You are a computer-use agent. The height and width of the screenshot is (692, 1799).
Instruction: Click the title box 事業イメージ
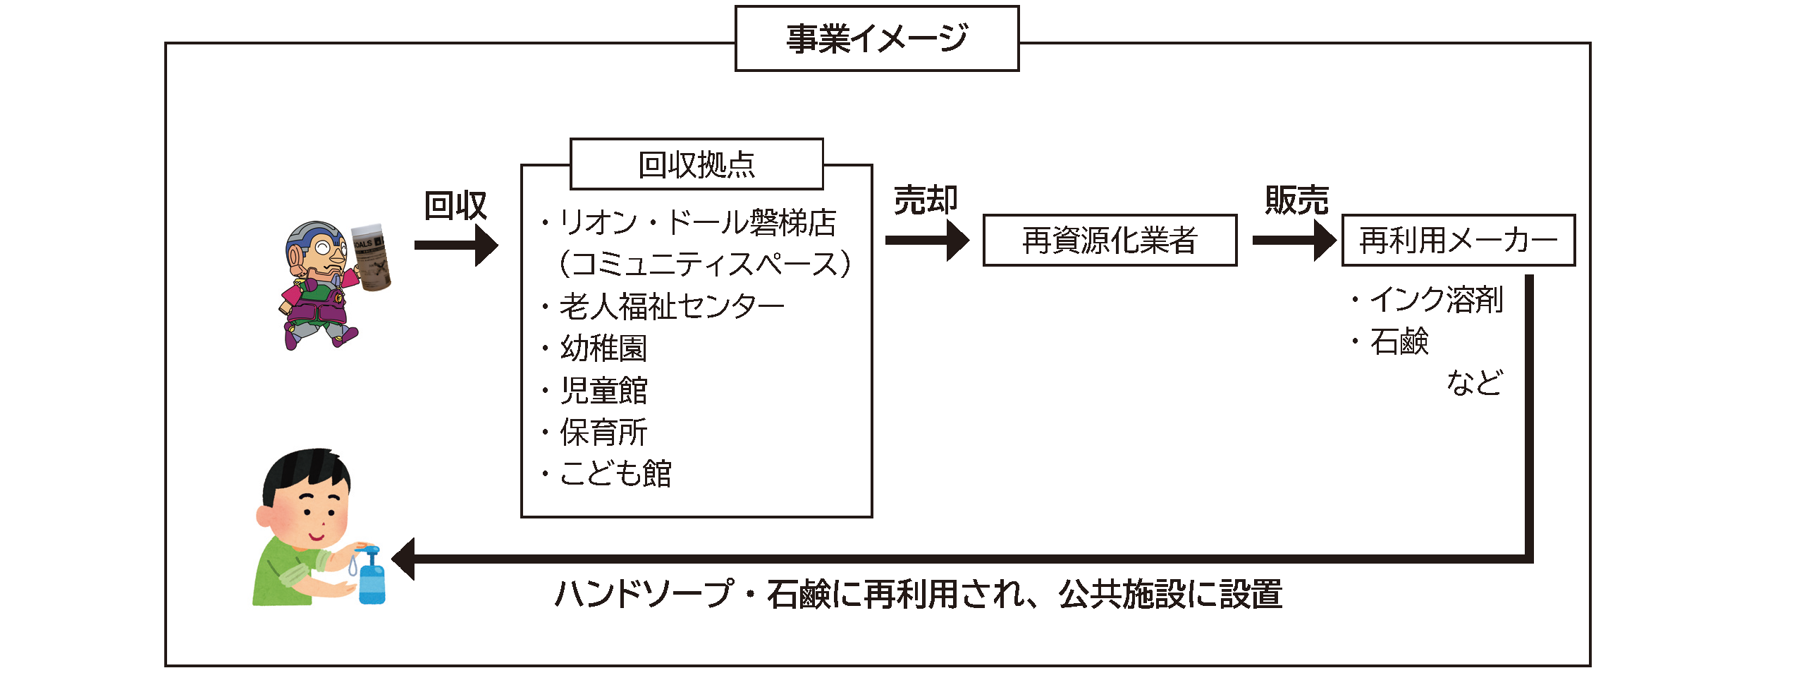tap(876, 39)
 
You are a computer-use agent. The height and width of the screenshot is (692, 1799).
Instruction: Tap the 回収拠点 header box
tap(696, 164)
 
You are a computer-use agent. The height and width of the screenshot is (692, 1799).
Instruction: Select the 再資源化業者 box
tap(1109, 241)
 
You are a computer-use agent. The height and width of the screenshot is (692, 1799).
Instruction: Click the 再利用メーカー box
tap(1457, 241)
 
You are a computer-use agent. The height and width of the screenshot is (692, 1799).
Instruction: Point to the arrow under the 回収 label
tap(457, 245)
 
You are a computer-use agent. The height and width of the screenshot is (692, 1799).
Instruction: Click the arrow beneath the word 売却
tap(926, 241)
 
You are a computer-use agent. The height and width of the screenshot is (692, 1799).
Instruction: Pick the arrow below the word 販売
tap(1294, 241)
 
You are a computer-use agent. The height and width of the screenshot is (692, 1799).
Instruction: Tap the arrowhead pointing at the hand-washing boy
tap(404, 559)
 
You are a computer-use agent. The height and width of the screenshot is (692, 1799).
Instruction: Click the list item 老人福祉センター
tap(671, 306)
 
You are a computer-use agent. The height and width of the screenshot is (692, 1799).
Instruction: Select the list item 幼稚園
tap(603, 348)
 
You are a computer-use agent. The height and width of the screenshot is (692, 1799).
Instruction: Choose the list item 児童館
tap(603, 390)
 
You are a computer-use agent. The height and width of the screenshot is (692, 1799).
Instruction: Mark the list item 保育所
tap(603, 432)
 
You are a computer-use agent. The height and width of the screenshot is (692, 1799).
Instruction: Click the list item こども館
tap(615, 473)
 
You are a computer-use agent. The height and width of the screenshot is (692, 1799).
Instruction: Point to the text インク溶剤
tap(1436, 300)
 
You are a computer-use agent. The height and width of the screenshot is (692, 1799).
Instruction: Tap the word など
tap(1474, 382)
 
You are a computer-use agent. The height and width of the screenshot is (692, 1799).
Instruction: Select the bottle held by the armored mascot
tap(371, 257)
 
